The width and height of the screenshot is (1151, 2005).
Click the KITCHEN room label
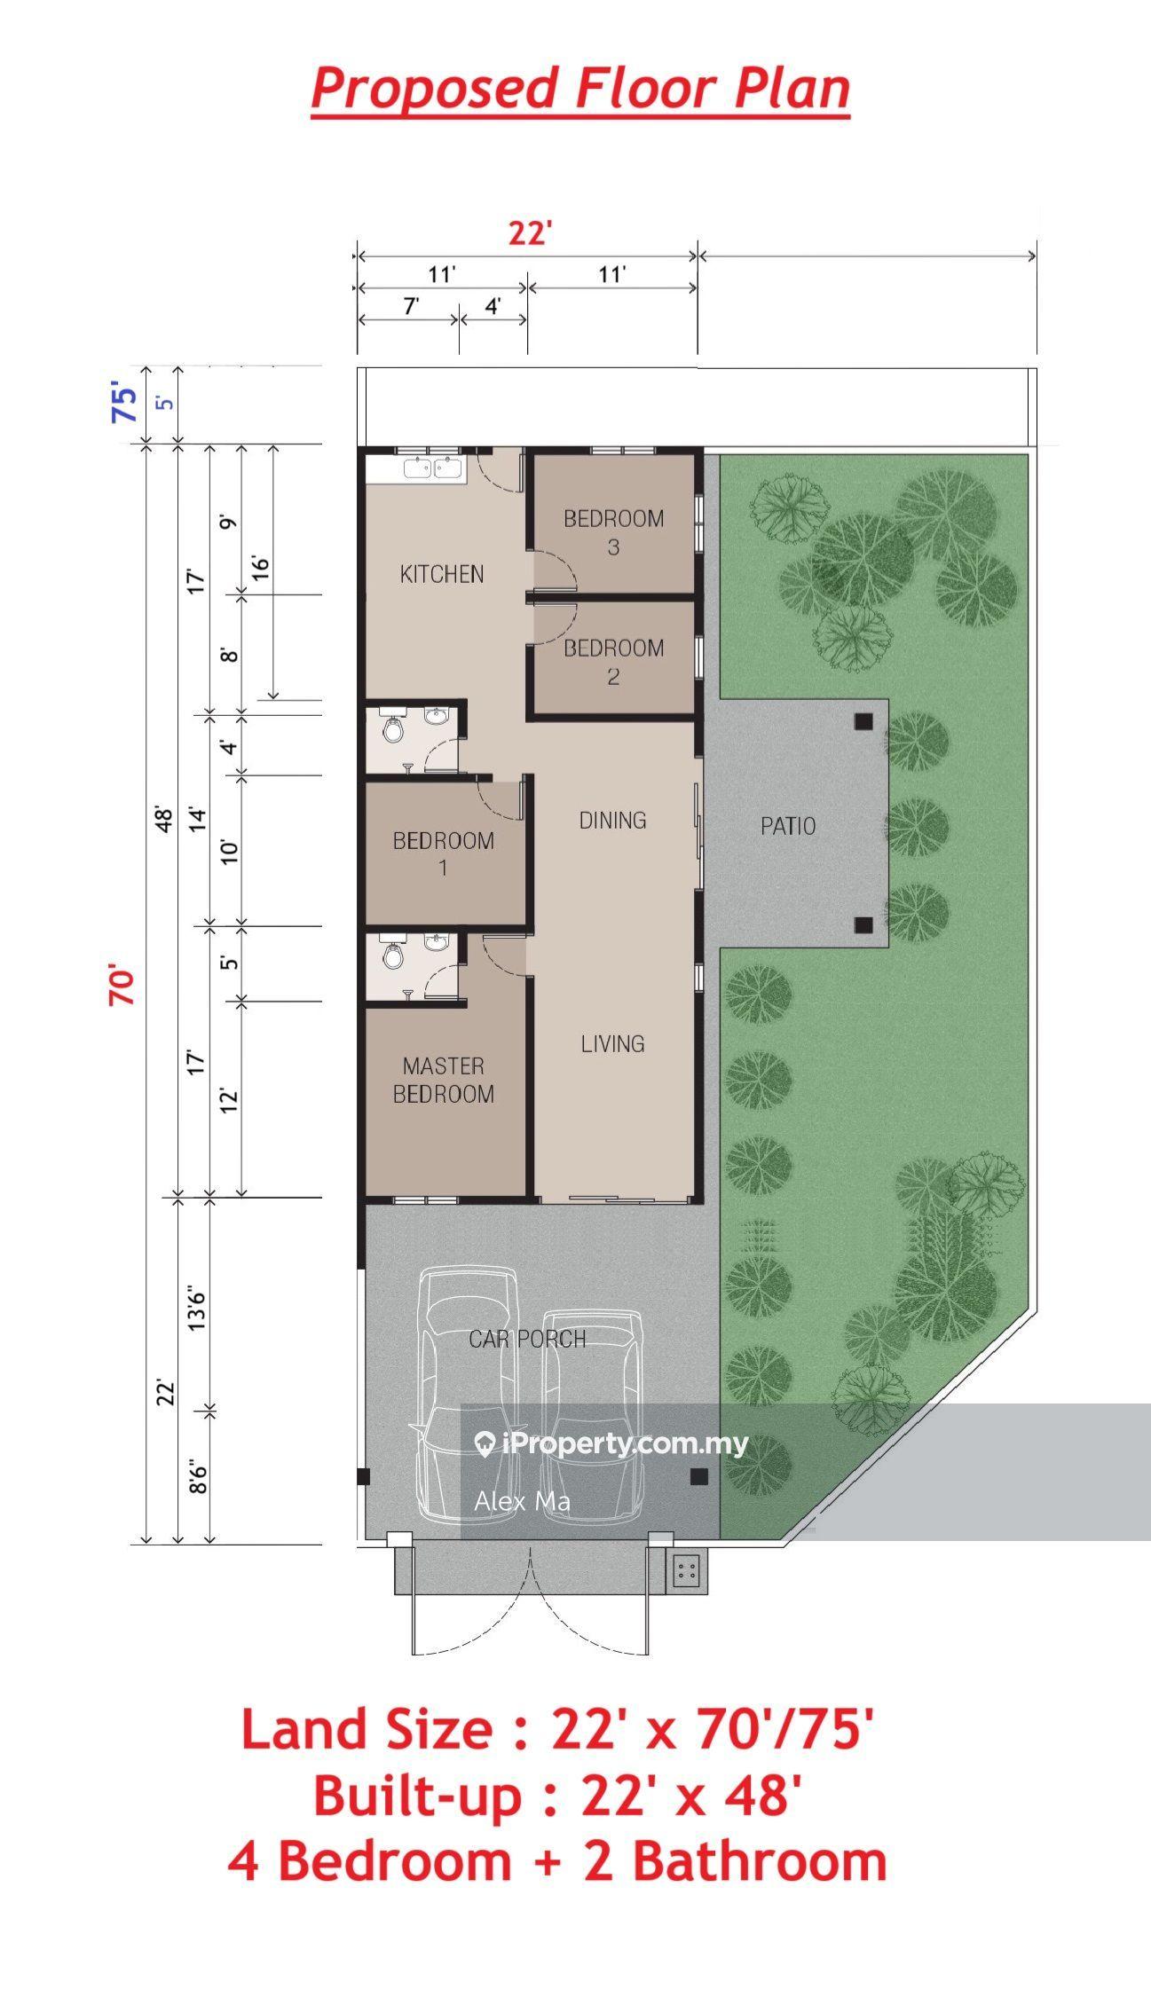[x=442, y=574]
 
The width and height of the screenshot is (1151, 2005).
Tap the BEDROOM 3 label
[x=614, y=532]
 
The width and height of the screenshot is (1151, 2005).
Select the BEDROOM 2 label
[x=614, y=662]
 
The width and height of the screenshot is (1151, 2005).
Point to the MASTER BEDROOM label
[x=444, y=1080]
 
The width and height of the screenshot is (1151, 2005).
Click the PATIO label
[x=788, y=826]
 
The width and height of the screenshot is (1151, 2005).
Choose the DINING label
[x=612, y=820]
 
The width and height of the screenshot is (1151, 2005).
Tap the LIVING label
[x=612, y=1043]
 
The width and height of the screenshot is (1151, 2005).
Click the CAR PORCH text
[x=527, y=1339]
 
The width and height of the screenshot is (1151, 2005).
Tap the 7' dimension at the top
[x=411, y=306]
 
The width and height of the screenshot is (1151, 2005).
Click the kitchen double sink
[x=435, y=468]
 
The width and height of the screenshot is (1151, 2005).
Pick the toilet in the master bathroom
[x=392, y=956]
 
